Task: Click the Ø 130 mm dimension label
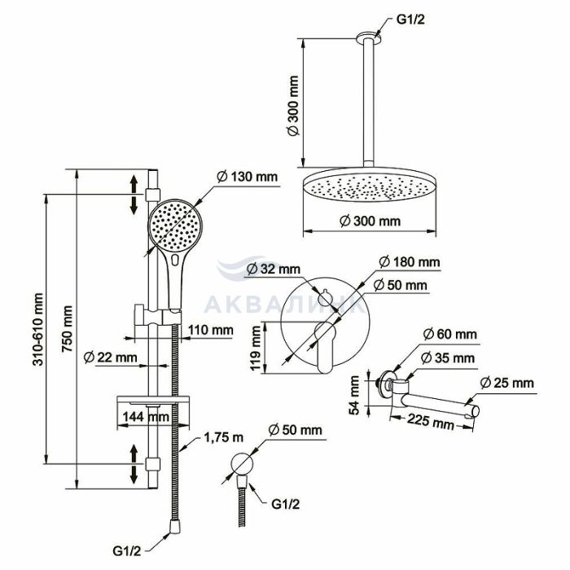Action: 248,177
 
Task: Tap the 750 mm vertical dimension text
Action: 67,329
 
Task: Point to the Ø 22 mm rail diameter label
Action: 110,357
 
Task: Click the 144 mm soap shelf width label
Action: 146,417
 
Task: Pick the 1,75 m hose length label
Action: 224,438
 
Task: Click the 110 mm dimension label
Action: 210,330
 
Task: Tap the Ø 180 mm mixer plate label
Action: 409,261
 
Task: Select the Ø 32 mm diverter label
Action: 274,269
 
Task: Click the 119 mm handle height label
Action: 256,349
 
